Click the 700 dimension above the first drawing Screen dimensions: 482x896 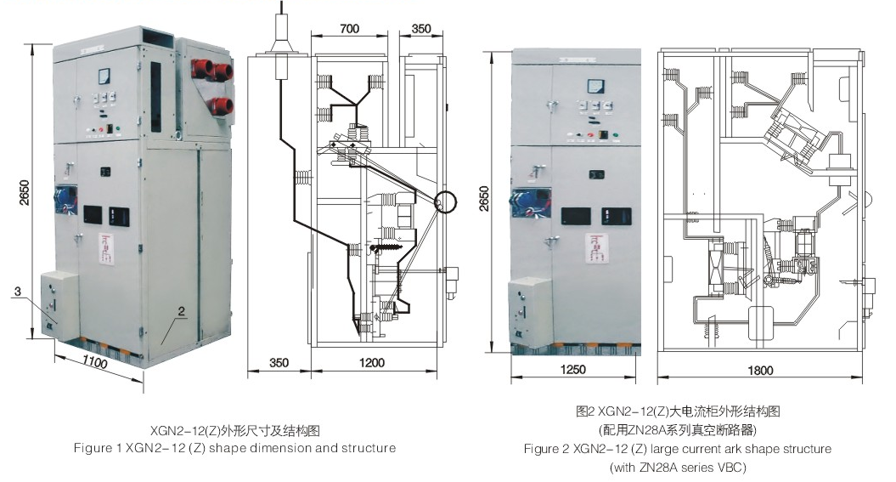point(349,28)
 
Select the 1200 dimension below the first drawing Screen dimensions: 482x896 point(371,363)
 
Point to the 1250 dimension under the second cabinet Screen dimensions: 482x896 point(574,370)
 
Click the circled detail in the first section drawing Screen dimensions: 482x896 point(444,203)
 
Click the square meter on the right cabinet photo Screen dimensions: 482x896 point(593,85)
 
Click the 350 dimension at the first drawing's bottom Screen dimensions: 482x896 point(279,363)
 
